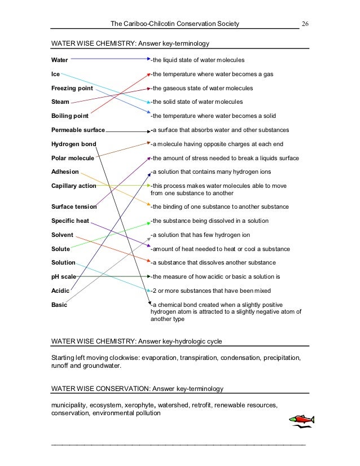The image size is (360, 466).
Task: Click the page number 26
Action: coord(305,24)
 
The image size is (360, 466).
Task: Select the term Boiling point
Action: coord(69,116)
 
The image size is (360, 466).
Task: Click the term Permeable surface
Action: coord(78,130)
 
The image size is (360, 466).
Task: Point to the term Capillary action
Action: coord(73,186)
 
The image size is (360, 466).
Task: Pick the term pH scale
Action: coord(63,277)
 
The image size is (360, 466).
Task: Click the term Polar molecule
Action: coord(72,158)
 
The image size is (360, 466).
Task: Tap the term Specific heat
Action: coord(70,221)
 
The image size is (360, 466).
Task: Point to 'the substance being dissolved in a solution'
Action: coord(209,221)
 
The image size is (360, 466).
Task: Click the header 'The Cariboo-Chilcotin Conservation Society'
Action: coord(175,24)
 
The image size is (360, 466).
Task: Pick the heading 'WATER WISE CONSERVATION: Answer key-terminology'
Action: coord(138,389)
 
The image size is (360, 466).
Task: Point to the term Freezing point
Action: coord(72,89)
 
